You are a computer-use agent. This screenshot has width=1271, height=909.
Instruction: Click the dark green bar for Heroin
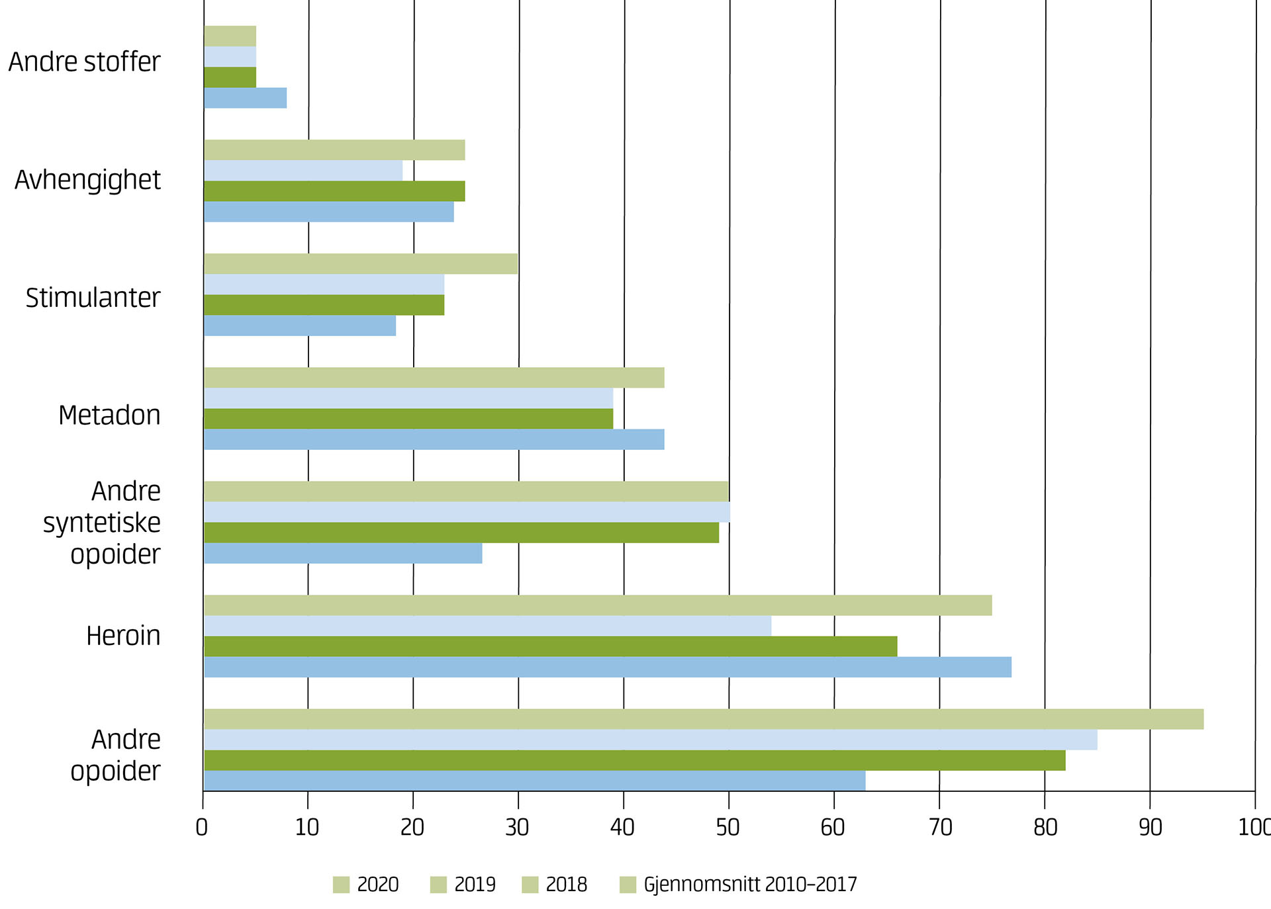point(550,646)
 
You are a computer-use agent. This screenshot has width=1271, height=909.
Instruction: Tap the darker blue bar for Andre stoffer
point(245,98)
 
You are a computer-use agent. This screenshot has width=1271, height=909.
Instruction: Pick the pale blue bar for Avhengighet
point(303,171)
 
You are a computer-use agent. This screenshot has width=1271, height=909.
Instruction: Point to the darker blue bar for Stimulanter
point(300,325)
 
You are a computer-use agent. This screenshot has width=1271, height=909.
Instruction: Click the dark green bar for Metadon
point(408,419)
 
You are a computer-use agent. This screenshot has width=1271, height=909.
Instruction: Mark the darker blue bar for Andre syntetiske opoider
point(343,553)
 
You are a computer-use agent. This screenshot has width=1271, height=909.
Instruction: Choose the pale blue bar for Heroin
point(487,626)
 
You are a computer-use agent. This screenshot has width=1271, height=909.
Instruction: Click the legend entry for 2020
point(366,885)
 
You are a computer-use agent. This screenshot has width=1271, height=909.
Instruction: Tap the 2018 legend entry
point(555,885)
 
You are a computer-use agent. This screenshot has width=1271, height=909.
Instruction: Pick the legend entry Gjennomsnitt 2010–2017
point(738,885)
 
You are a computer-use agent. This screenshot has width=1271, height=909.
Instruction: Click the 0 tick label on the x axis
point(202,827)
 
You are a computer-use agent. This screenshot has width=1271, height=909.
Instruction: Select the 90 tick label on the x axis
point(1150,827)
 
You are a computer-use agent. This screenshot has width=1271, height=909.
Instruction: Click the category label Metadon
point(109,415)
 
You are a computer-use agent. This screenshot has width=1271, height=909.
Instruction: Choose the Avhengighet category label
point(87,180)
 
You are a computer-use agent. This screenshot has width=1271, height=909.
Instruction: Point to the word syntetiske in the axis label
point(102,523)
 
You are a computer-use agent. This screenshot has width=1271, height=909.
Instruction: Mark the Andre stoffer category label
point(84,62)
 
